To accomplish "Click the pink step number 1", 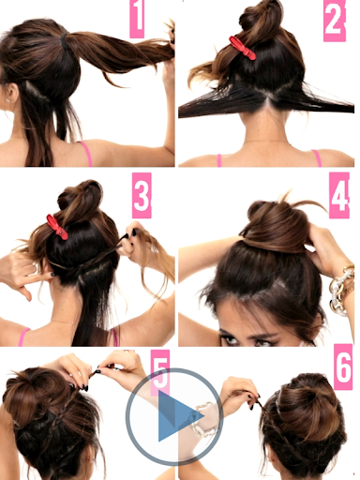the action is point(137,19).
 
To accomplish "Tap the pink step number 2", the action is point(335,21).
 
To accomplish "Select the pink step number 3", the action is point(142,195).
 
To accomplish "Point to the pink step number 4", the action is point(339,196).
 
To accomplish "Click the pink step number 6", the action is point(343,367).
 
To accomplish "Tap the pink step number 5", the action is point(160,373).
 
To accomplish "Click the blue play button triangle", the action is point(178,416).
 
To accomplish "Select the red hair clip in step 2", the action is point(242,48).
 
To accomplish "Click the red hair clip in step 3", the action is point(57,227).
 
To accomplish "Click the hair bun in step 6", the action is point(307,403).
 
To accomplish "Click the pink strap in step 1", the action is point(86,153).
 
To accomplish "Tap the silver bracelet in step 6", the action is point(203,420).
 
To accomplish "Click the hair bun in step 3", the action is point(81,199).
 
